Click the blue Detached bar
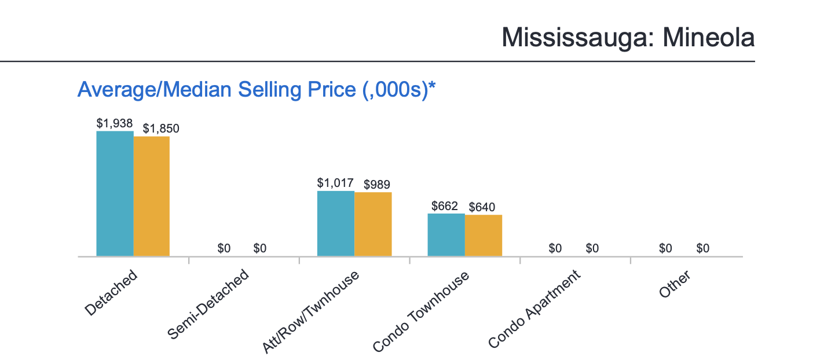coord(115,193)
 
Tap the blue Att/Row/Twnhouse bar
coord(336,223)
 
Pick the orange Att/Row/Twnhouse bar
coord(373,224)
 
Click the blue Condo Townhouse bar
coord(446,234)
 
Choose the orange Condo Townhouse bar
coord(484,235)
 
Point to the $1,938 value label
coord(115,123)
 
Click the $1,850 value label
coord(161,128)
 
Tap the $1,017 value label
coord(335,183)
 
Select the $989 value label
coord(377,185)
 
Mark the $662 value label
coord(445,206)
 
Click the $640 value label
coord(482,207)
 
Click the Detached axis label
coord(112,292)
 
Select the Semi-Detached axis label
coord(208,303)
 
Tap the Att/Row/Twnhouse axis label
coord(311,311)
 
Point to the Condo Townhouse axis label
coord(421,311)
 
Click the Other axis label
coord(675,284)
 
